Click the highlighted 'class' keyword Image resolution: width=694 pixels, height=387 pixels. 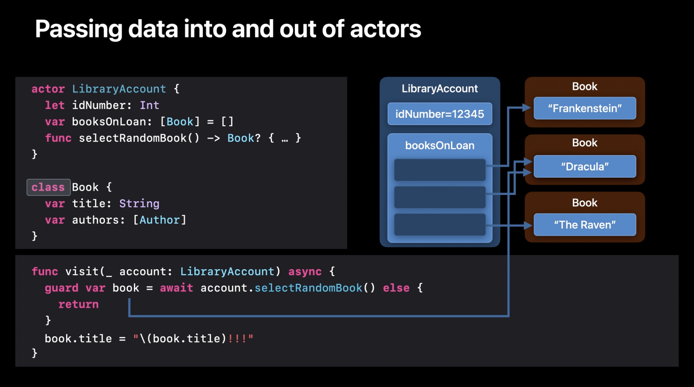point(48,187)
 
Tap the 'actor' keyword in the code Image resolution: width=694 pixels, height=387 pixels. point(48,89)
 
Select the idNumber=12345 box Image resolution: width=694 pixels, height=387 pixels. point(440,114)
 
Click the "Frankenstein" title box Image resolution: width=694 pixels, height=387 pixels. point(584,109)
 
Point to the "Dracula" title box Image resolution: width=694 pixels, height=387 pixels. point(584,167)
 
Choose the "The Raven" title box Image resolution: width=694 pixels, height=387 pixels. point(584,225)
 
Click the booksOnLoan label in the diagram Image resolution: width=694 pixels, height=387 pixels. point(440,146)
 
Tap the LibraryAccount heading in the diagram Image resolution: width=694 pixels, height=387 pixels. point(440,89)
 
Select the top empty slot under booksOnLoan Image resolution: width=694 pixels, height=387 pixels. point(440,170)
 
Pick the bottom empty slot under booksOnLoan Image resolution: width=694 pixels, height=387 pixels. point(440,225)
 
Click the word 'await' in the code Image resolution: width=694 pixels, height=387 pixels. point(176,288)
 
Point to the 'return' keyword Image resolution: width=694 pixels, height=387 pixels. point(78,304)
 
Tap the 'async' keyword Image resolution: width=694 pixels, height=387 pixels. point(304,272)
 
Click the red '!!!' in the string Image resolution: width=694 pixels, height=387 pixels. point(237,339)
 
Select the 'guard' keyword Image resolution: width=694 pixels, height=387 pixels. point(61,288)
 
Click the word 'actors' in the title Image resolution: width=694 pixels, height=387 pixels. point(385,29)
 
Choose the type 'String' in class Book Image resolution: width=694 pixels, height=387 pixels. point(139,204)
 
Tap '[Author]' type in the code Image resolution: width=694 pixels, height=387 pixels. point(159,220)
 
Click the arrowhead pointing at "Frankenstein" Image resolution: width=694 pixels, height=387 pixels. point(527,108)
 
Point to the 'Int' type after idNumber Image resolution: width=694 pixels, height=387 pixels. point(149,106)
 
